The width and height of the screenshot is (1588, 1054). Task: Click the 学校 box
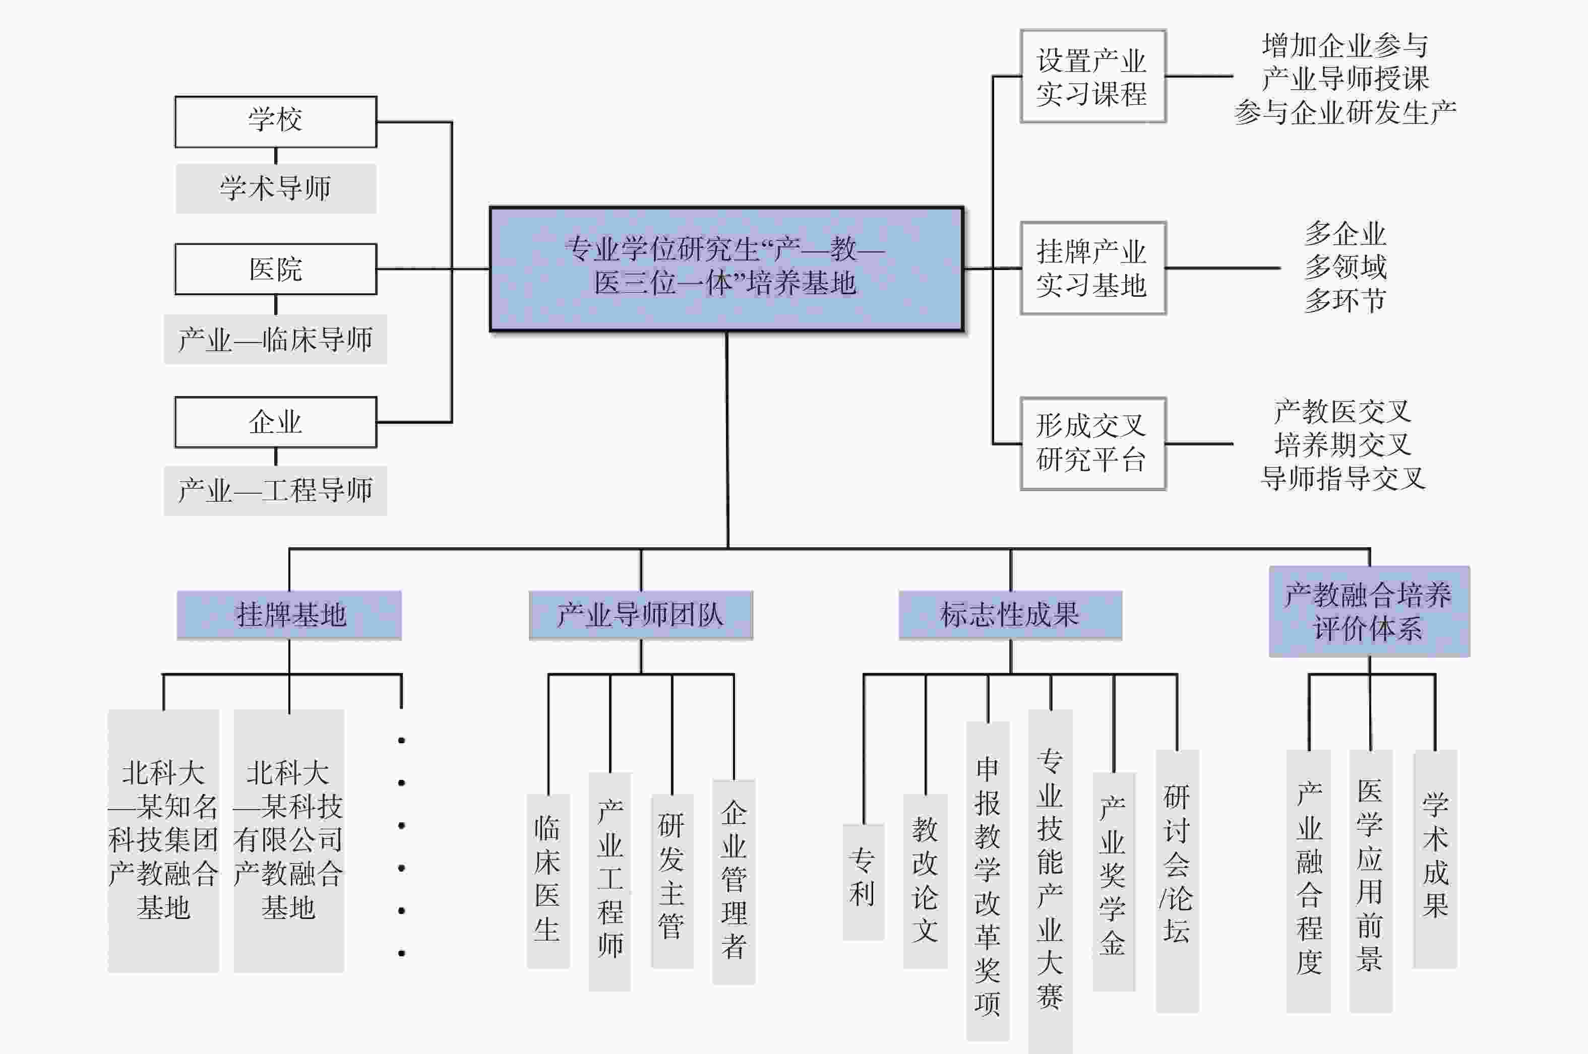tap(275, 121)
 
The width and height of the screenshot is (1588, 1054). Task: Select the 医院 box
tap(275, 269)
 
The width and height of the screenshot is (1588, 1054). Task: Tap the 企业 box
tap(275, 422)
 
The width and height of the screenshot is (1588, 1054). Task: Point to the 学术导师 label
tap(275, 188)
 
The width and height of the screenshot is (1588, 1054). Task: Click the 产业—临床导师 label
tap(275, 340)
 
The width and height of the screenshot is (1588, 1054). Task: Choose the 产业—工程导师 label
tap(275, 491)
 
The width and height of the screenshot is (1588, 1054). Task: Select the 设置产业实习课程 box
tap(1092, 76)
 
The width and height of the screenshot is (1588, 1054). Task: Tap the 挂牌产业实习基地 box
tap(1092, 268)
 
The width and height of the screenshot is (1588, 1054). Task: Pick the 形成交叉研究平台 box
tap(1092, 444)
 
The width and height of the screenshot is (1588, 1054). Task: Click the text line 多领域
tap(1345, 267)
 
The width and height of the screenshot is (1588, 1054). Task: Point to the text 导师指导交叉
tap(1342, 478)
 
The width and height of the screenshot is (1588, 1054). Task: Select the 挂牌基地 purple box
tap(289, 614)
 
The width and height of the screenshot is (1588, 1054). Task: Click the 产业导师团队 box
tap(640, 614)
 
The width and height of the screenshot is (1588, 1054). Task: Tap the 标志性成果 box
tap(1010, 614)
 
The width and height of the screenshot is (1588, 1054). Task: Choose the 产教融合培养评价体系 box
tap(1369, 611)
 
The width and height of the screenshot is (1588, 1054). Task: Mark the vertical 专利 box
tap(863, 881)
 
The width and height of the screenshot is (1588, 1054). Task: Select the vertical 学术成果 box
tap(1435, 859)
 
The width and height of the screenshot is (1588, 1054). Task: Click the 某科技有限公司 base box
tap(288, 840)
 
